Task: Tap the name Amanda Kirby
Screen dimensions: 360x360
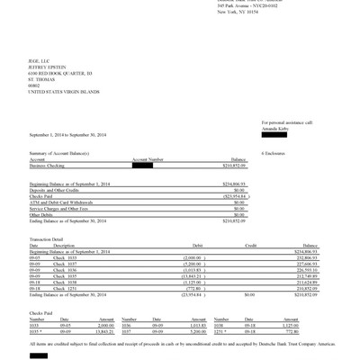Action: tap(275, 129)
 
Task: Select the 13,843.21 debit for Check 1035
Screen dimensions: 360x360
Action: tap(184, 274)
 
